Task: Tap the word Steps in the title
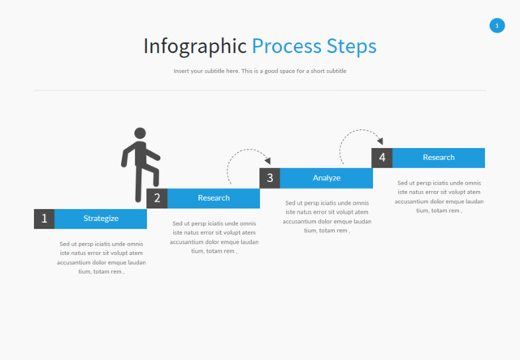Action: pyautogui.click(x=351, y=46)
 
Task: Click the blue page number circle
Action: pyautogui.click(x=497, y=26)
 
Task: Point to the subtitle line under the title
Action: pyautogui.click(x=260, y=72)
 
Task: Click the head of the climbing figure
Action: pyautogui.click(x=140, y=133)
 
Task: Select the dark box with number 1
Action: pyautogui.click(x=44, y=219)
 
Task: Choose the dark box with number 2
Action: pyautogui.click(x=157, y=197)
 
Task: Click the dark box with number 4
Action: pyautogui.click(x=382, y=158)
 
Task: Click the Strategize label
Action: pyautogui.click(x=101, y=219)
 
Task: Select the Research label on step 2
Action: pyautogui.click(x=214, y=197)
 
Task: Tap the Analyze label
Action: pyautogui.click(x=327, y=178)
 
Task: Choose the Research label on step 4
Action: pyautogui.click(x=439, y=158)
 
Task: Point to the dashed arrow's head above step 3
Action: pyautogui.click(x=267, y=162)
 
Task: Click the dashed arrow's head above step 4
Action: pyautogui.click(x=379, y=141)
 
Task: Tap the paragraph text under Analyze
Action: pyautogui.click(x=327, y=217)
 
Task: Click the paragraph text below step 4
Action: pyautogui.click(x=439, y=197)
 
